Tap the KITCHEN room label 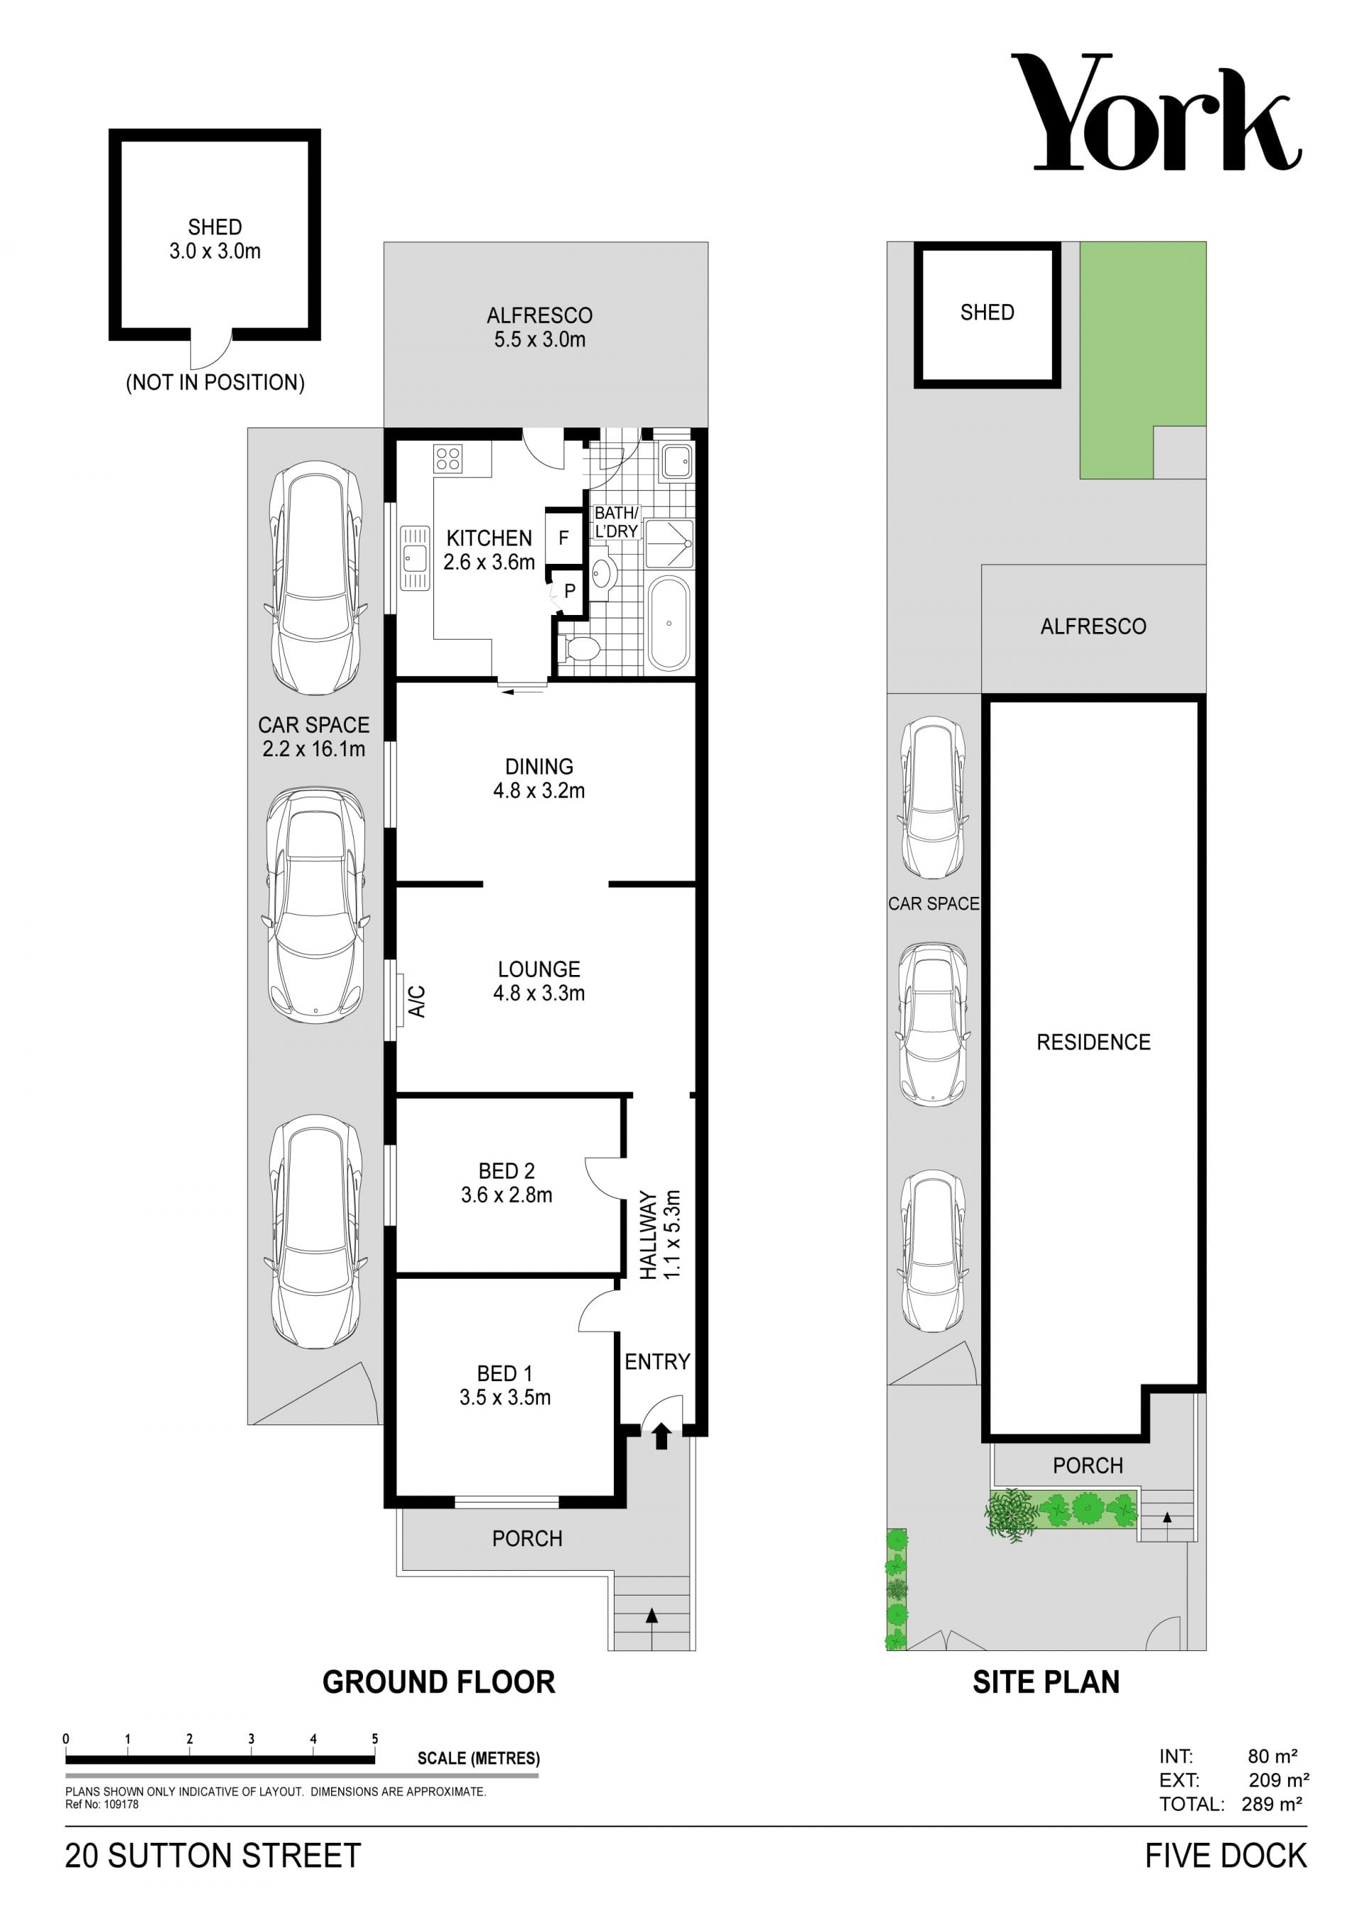[489, 538]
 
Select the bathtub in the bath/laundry [669, 623]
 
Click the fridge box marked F [563, 538]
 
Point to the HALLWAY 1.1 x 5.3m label [660, 1234]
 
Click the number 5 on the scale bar [374, 1739]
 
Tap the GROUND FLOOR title [438, 1682]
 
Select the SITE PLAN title [1046, 1682]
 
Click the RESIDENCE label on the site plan [1093, 1042]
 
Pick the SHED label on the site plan [987, 312]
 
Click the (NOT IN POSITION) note [215, 383]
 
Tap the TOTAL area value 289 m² [1272, 1804]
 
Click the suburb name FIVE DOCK [1225, 1856]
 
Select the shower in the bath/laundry [669, 544]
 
